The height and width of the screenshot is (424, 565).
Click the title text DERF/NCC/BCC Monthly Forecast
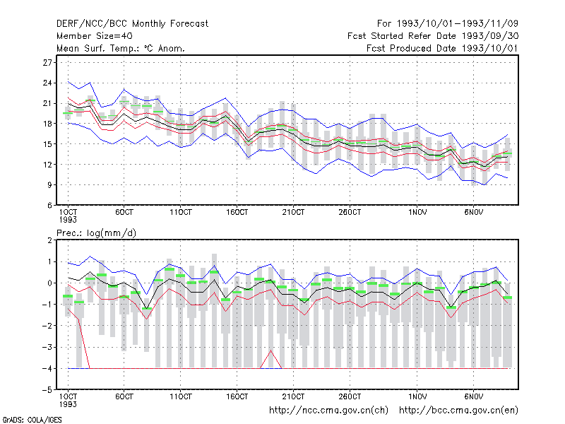coord(132,24)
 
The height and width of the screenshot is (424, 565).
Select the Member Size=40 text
coord(95,36)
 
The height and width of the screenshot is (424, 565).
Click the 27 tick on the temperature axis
coord(47,63)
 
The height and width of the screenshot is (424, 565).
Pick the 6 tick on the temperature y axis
coord(49,206)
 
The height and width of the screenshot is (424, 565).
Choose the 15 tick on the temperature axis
coord(47,144)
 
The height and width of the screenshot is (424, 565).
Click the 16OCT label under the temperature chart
coord(237,213)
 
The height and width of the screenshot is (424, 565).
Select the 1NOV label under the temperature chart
coord(417,213)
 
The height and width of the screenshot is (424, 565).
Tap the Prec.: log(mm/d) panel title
coord(96,233)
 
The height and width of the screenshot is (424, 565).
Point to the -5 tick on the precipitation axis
coord(47,390)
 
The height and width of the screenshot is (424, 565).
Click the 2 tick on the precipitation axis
coord(49,240)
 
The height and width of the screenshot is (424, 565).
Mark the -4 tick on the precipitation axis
coord(47,369)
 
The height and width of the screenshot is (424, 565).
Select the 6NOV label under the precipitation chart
coord(473,396)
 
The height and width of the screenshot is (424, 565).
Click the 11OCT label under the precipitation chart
coord(181,396)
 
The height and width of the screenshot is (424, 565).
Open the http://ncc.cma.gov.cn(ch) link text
coord(328,411)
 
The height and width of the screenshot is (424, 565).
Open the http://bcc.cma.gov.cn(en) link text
coord(458,411)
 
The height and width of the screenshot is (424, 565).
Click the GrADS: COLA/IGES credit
coord(32,420)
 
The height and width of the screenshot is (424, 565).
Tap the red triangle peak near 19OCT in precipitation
coord(271,351)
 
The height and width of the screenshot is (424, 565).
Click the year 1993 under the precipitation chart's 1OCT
coord(68,404)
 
